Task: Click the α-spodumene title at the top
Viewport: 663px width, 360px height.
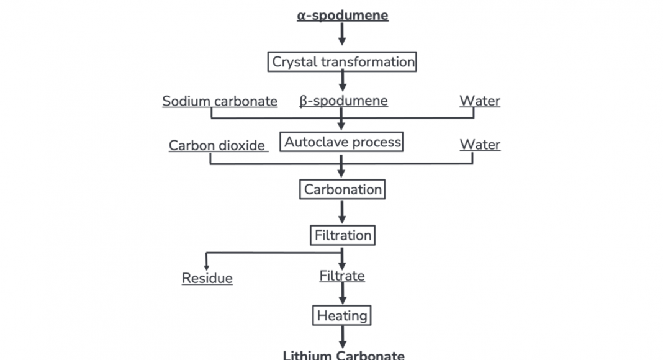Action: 342,15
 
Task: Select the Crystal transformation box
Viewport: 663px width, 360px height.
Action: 342,62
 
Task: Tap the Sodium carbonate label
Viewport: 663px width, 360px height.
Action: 220,101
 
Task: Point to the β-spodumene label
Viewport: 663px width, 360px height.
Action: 343,101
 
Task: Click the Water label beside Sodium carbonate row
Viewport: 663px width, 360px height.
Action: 479,101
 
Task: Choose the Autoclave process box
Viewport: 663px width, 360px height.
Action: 342,142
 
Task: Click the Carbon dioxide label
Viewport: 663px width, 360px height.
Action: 217,146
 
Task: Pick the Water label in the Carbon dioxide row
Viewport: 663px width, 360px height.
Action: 479,145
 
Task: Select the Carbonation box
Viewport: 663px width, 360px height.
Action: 342,189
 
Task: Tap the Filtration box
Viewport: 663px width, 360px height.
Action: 342,235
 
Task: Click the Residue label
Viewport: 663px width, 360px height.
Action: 207,278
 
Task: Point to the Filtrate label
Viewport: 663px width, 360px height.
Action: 342,276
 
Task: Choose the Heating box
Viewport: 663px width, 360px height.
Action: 342,315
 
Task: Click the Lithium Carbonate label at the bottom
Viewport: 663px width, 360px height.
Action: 343,355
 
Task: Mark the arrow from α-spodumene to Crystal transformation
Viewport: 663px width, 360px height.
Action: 342,35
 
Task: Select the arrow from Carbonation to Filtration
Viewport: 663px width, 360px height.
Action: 342,212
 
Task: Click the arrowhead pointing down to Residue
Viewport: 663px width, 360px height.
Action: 207,265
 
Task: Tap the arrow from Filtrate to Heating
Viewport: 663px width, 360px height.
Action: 342,294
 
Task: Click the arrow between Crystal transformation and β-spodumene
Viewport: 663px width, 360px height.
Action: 342,81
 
